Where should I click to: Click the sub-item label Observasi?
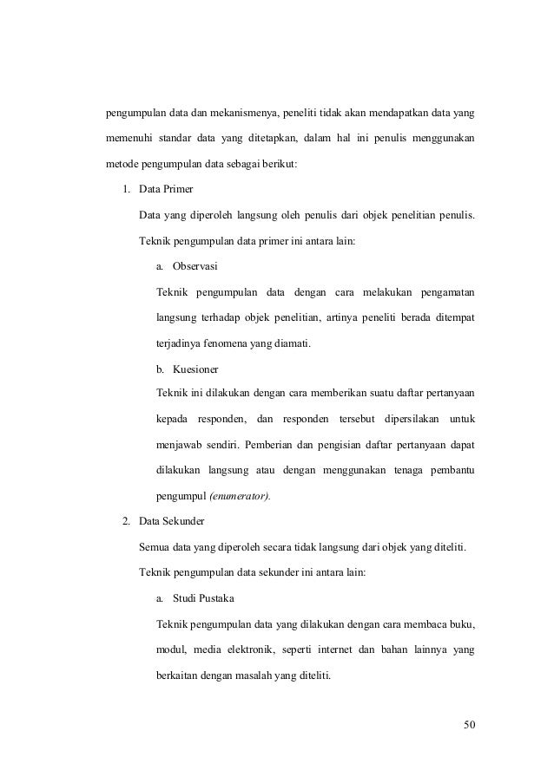[x=195, y=265]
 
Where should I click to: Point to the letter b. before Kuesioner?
[x=161, y=369]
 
